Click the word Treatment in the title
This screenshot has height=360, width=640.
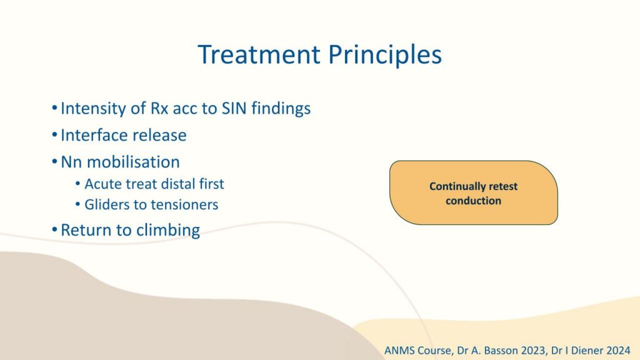[x=259, y=54]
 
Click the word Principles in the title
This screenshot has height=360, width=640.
[x=385, y=55]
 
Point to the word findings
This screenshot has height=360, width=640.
[x=281, y=109]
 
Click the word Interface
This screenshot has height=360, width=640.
[x=93, y=135]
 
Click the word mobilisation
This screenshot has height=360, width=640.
[x=133, y=162]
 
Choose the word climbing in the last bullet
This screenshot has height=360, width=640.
[x=167, y=230]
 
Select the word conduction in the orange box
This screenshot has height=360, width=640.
[x=474, y=201]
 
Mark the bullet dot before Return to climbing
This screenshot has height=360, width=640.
[x=55, y=230]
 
